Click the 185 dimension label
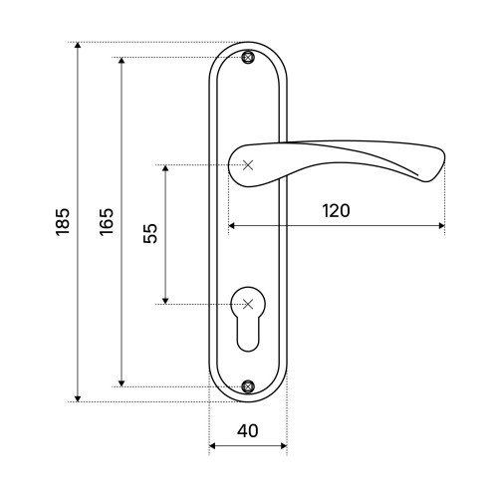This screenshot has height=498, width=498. click(63, 222)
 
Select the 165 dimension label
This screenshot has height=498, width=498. click(107, 222)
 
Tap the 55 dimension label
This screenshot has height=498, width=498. click(150, 234)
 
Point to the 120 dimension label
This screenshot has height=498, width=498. click(336, 210)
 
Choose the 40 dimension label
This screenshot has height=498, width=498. click(248, 431)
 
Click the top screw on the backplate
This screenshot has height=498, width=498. click(248, 57)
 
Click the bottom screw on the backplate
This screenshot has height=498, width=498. click(248, 386)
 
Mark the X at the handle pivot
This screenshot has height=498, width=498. click(248, 165)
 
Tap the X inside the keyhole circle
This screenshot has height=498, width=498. click(248, 304)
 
